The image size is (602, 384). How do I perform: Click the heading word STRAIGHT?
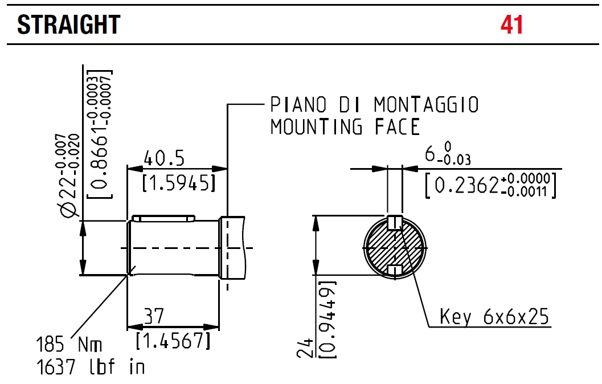pos(69,24)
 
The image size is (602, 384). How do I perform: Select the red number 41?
pos(511,24)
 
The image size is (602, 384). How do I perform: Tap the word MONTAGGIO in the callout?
pos(426,105)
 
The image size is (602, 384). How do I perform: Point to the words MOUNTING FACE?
pos(345,126)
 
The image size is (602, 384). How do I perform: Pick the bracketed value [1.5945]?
pos(178,183)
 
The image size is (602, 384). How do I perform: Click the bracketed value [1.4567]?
pos(173,341)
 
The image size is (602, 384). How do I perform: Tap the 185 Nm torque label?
pos(69,345)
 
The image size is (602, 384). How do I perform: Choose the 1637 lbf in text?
pos(91,367)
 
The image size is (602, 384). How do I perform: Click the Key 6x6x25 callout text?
pos(494,316)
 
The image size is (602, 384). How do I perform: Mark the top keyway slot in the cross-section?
pos(395,223)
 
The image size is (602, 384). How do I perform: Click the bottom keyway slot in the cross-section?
pos(395,269)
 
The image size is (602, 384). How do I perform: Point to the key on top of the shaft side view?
pos(163,218)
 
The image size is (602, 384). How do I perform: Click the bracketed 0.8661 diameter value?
pos(100,134)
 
